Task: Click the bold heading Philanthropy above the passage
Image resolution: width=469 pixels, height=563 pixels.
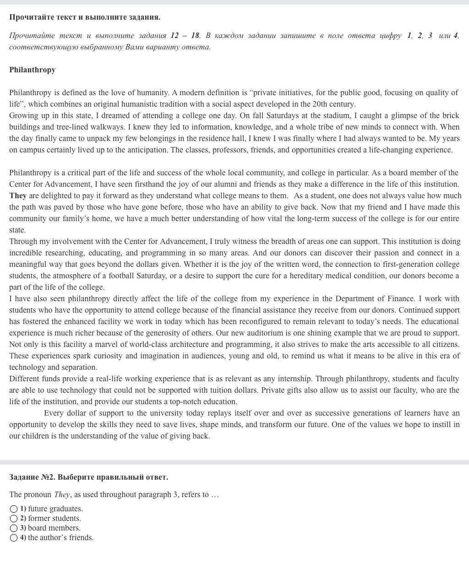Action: [x=32, y=70]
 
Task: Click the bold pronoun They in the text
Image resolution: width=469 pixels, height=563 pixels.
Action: [x=18, y=195]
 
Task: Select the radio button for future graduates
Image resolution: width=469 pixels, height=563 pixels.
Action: [x=14, y=509]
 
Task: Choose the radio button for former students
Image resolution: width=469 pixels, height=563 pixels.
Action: [x=14, y=519]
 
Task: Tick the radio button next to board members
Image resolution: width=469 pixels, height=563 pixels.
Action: [x=14, y=528]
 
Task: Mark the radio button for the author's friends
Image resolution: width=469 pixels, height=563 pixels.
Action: [x=14, y=538]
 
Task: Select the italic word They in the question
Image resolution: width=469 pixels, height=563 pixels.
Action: [x=62, y=494]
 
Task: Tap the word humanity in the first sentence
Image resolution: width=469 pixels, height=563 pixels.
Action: [x=149, y=92]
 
